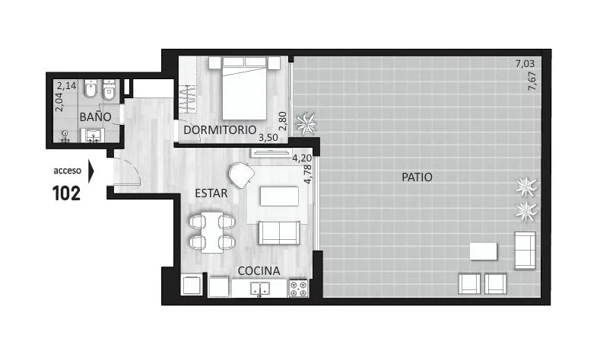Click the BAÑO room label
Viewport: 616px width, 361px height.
click(x=96, y=117)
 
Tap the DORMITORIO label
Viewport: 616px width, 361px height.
click(x=220, y=129)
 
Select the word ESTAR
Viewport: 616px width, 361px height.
click(x=211, y=193)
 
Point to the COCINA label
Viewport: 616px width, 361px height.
click(x=259, y=271)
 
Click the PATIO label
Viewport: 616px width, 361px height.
click(x=417, y=177)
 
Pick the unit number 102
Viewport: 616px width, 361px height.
click(x=66, y=193)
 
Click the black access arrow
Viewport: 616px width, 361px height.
click(x=91, y=171)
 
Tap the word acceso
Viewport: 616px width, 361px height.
click(x=68, y=171)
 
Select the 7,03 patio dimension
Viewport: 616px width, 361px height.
click(x=526, y=63)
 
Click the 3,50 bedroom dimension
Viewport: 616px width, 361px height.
click(x=268, y=138)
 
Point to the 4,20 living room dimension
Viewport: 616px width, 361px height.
click(x=302, y=158)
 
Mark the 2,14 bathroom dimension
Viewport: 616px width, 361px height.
click(x=66, y=85)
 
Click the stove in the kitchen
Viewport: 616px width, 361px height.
click(x=299, y=288)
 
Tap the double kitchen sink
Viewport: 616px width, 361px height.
click(x=260, y=289)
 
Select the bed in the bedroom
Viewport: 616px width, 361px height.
click(x=244, y=88)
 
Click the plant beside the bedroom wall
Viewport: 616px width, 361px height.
click(x=306, y=124)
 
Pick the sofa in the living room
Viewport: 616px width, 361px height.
click(x=279, y=232)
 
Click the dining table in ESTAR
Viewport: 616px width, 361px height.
click(x=212, y=232)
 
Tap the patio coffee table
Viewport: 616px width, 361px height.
click(x=483, y=251)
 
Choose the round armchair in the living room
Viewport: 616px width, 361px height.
click(x=241, y=175)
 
